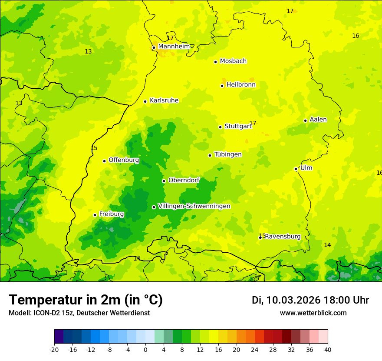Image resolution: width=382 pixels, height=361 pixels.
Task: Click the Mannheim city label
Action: (x=174, y=47)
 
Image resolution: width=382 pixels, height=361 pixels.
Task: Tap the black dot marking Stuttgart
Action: (x=220, y=127)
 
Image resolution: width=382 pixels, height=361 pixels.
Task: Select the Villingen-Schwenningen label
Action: (x=194, y=206)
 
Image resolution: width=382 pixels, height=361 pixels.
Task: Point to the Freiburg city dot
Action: (x=95, y=215)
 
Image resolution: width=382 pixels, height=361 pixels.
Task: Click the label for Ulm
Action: (x=306, y=168)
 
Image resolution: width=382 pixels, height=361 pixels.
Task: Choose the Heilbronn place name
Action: (x=241, y=85)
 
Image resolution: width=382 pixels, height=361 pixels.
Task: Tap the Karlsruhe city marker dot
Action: (x=145, y=101)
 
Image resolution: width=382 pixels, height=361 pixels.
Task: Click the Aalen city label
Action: (x=318, y=120)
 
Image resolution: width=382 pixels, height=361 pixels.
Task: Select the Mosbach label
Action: (x=233, y=61)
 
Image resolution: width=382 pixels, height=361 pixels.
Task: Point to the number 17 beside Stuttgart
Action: (x=253, y=123)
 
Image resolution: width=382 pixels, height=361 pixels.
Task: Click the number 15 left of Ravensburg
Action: (x=262, y=236)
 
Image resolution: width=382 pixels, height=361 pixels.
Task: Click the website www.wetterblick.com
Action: (x=313, y=313)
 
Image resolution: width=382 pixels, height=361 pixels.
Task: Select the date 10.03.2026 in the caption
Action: (x=293, y=300)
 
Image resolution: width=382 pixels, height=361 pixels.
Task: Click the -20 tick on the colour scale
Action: (x=54, y=349)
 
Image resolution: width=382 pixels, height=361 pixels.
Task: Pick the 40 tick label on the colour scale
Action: (x=328, y=349)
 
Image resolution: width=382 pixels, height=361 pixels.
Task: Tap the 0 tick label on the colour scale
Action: (x=145, y=349)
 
